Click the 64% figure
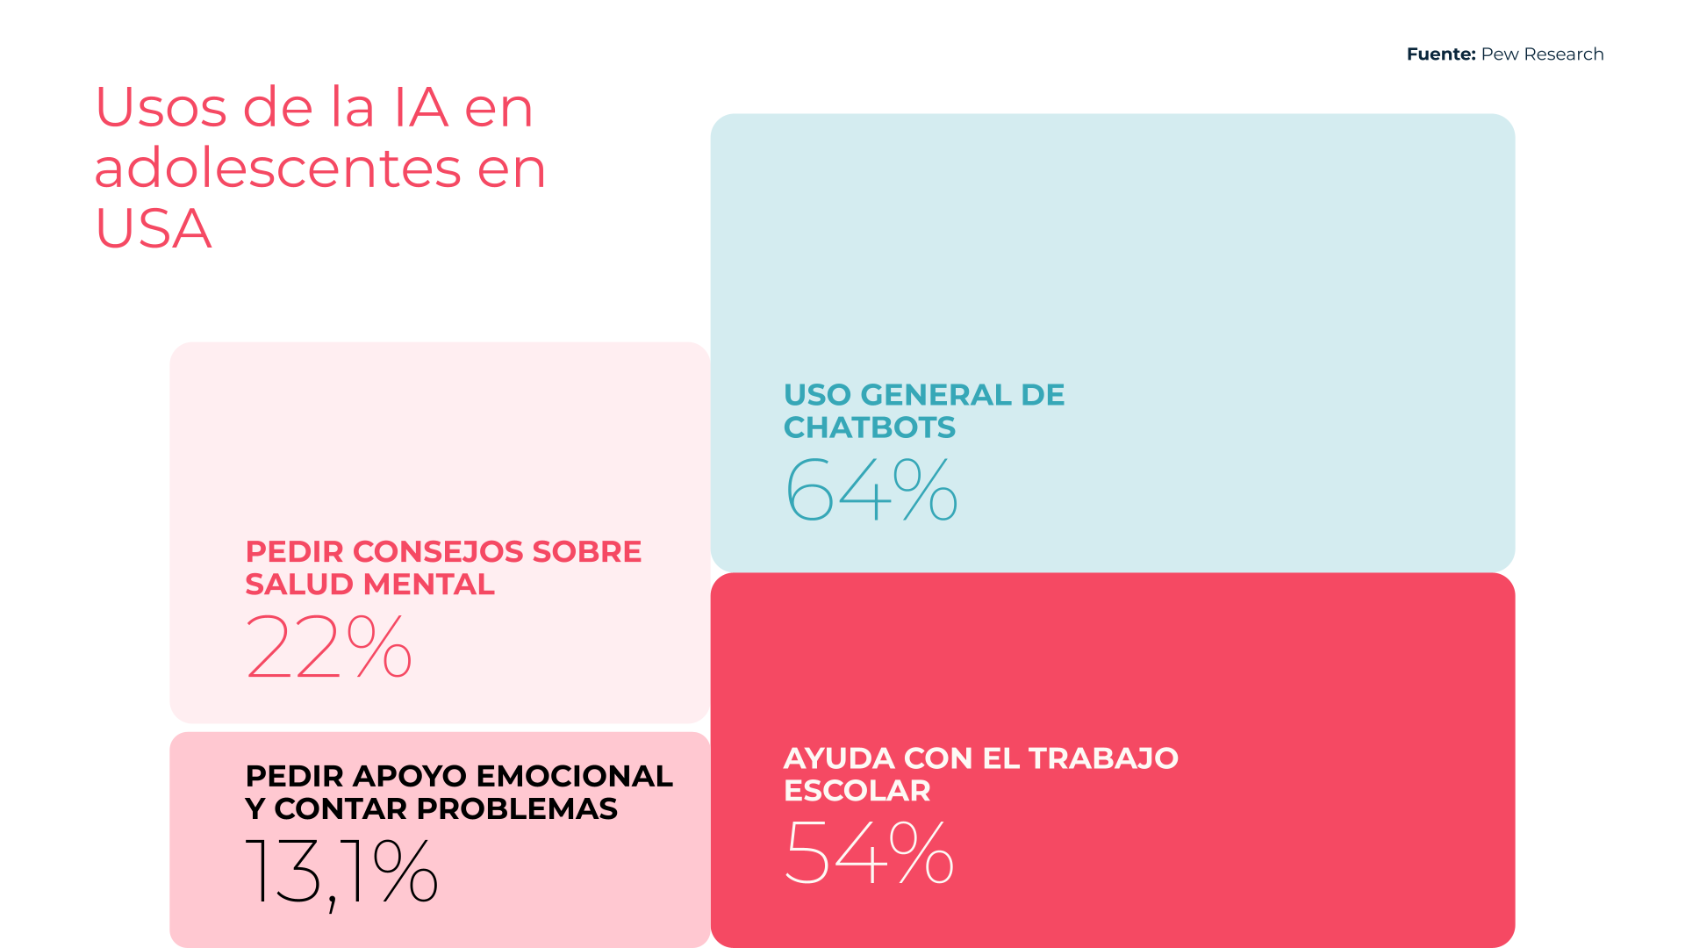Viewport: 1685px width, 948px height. click(x=871, y=489)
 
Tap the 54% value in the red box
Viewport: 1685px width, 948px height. click(x=869, y=851)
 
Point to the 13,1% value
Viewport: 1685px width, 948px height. click(x=341, y=871)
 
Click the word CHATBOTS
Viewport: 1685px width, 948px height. click(x=869, y=427)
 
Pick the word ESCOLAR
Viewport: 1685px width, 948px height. click(x=857, y=791)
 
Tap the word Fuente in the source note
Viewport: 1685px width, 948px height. click(x=1440, y=54)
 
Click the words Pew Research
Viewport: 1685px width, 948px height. click(x=1542, y=54)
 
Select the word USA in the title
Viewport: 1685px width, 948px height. click(x=153, y=228)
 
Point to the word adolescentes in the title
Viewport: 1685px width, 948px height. click(x=277, y=168)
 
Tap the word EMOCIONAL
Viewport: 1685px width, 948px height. click(x=574, y=777)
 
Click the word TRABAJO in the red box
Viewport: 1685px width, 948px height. click(x=1103, y=758)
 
